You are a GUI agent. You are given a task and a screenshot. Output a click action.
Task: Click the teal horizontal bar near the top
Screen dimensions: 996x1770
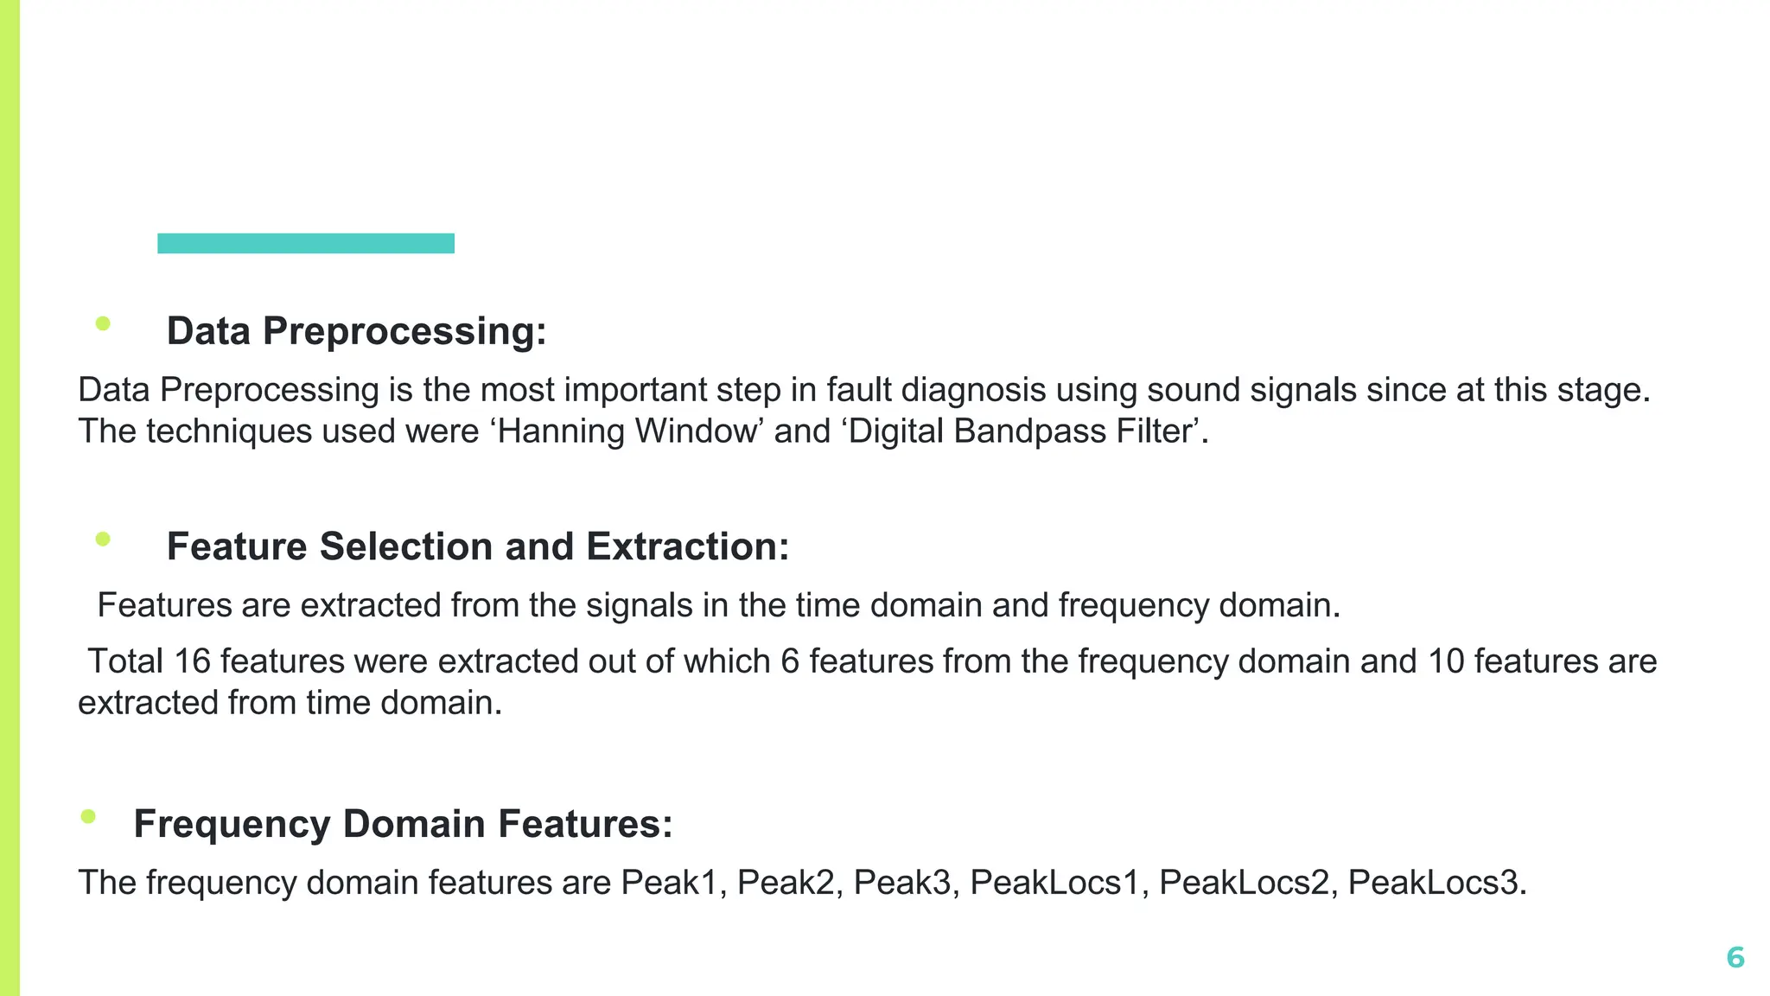(x=305, y=243)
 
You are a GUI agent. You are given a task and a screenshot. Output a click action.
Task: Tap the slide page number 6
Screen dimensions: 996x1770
(x=1735, y=957)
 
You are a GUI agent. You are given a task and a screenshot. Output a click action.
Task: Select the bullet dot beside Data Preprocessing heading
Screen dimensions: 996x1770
(x=103, y=324)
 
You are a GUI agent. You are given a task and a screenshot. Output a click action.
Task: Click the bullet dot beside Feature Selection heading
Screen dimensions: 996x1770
(x=103, y=539)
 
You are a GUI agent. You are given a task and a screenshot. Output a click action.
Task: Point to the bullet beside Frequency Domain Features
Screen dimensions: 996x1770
(x=87, y=816)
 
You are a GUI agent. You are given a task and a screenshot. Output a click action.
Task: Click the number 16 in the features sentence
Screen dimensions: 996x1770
(x=192, y=661)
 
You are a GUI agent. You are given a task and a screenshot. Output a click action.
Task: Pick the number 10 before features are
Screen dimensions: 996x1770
(x=1445, y=661)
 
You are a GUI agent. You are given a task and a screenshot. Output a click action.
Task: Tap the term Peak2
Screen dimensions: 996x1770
(x=786, y=883)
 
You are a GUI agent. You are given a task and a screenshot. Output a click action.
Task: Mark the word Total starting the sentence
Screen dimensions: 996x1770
(x=125, y=661)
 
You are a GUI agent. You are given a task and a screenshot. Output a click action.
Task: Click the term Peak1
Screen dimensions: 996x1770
(x=669, y=883)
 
